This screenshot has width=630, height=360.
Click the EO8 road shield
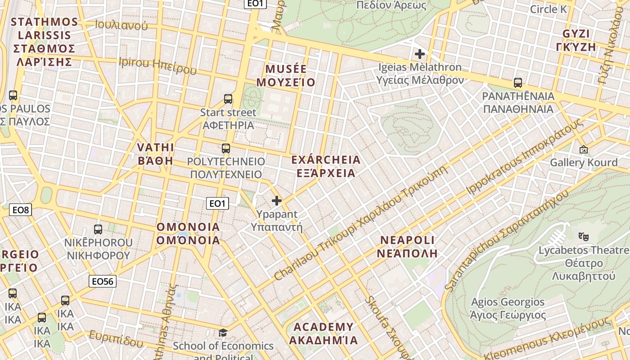pos(21,209)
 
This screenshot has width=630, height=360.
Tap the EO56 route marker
pos(103,281)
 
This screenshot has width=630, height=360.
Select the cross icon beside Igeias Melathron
pos(420,54)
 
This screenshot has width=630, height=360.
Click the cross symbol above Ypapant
pos(277,201)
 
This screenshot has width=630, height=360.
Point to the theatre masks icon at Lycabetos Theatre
pos(584,236)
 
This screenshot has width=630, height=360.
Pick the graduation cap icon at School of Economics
pos(223,333)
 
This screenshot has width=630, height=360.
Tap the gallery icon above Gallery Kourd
pos(584,149)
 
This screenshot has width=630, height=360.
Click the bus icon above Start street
pos(228,99)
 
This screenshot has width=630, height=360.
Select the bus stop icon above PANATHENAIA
pos(518,83)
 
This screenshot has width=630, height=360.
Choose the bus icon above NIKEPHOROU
pos(98,229)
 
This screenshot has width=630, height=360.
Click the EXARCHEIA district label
pos(326,166)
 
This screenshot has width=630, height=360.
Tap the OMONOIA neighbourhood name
pos(188,234)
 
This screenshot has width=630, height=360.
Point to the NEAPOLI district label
pos(408,246)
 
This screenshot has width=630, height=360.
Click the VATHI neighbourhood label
pos(155,154)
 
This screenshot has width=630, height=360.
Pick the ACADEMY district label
pos(323,333)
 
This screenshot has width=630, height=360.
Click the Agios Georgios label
pos(508,308)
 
